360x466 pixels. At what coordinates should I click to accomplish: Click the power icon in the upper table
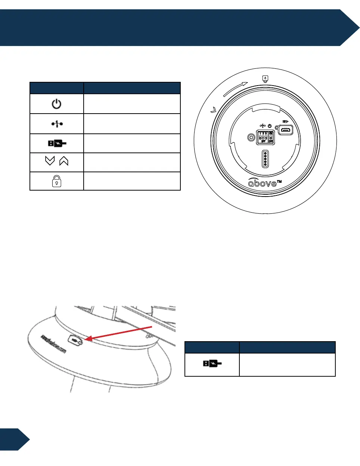pyautogui.click(x=56, y=104)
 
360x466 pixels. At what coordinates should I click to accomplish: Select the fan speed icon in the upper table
pyautogui.click(x=57, y=124)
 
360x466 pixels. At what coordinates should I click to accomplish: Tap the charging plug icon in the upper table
pyautogui.click(x=57, y=143)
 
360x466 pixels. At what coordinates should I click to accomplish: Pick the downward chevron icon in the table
pyautogui.click(x=50, y=161)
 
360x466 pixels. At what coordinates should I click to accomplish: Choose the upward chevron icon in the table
pyautogui.click(x=64, y=161)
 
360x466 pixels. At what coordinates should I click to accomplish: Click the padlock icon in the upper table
pyautogui.click(x=56, y=181)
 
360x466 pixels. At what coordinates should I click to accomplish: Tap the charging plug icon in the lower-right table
pyautogui.click(x=212, y=363)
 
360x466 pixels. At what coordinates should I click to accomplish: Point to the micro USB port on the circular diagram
pyautogui.click(x=286, y=130)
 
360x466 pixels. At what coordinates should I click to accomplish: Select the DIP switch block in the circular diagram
pyautogui.click(x=265, y=137)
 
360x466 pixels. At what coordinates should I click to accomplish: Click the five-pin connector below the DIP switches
pyautogui.click(x=265, y=159)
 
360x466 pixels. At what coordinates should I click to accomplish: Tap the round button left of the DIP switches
pyautogui.click(x=251, y=138)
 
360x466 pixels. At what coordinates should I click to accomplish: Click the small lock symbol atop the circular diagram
pyautogui.click(x=265, y=79)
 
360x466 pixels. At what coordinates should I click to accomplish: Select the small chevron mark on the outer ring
pyautogui.click(x=214, y=110)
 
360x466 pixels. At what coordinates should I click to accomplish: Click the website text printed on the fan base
pyautogui.click(x=53, y=344)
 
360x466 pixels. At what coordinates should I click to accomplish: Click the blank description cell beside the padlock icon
pyautogui.click(x=132, y=181)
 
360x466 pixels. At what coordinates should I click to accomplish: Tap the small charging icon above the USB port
pyautogui.click(x=286, y=121)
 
